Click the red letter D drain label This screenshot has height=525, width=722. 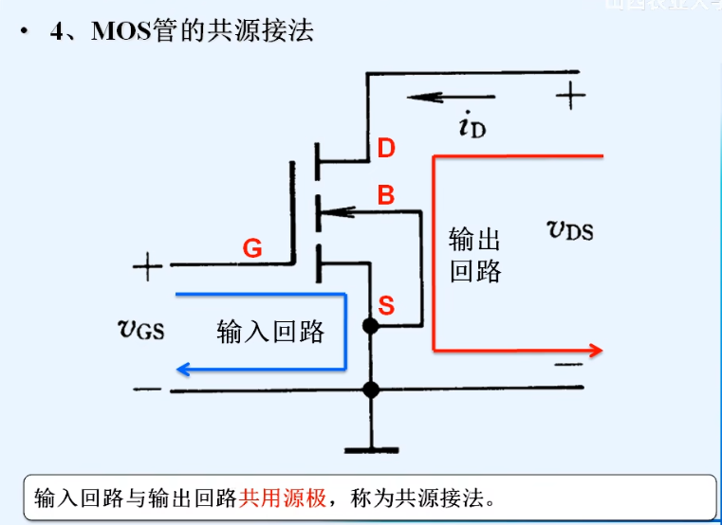[386, 149]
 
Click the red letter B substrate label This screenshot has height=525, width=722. [386, 196]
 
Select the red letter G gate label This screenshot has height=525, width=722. [252, 249]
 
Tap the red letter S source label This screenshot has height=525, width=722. [386, 305]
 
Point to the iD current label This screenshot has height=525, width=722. [472, 126]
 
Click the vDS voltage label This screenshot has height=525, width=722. [571, 228]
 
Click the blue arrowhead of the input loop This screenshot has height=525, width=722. [184, 369]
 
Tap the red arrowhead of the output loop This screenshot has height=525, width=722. [595, 351]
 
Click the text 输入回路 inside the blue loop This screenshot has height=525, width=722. [270, 332]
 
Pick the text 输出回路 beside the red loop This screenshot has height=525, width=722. [474, 255]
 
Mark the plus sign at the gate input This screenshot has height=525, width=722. [147, 266]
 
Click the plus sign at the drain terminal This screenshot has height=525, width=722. [570, 94]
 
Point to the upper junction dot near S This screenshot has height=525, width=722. [371, 326]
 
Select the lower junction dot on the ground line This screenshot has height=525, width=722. [371, 389]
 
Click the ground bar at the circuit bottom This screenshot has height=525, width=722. [371, 447]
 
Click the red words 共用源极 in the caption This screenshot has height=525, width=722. [282, 497]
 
